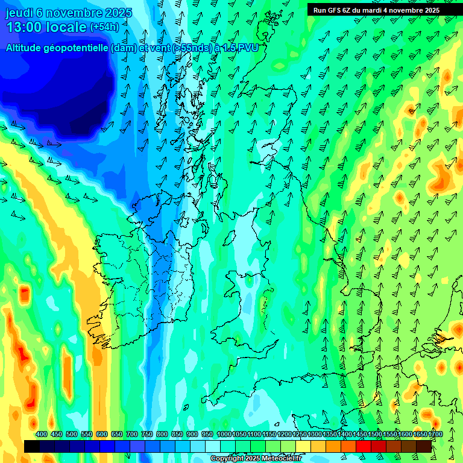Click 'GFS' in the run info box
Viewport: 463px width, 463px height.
336,10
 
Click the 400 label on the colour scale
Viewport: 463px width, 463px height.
42,434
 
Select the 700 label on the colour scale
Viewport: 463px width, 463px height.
132,434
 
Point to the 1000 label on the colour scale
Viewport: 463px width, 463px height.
224,434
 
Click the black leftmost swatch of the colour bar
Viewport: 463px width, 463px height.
32,446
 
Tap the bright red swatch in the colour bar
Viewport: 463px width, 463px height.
364,446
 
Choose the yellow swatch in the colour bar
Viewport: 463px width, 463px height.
303,446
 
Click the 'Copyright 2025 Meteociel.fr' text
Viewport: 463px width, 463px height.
255,459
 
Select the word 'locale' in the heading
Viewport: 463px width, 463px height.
68,27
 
